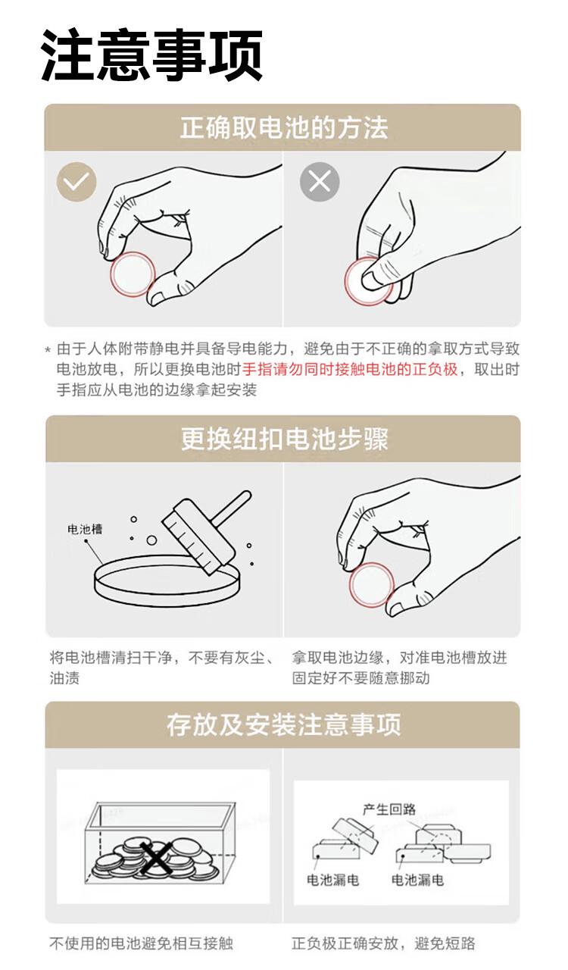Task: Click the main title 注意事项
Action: coord(151,55)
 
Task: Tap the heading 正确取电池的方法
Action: coord(284,128)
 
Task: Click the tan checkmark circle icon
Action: coord(76,181)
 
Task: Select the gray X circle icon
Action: coord(320,181)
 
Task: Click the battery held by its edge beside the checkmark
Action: coord(133,274)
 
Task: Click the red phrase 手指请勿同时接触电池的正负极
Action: coord(350,369)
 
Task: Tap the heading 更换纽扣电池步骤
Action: coord(284,439)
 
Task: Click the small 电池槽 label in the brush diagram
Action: coord(85,529)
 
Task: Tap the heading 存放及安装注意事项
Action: coord(284,725)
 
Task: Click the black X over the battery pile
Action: coord(154,857)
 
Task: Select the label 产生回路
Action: coord(389,809)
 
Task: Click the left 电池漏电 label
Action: coord(332,880)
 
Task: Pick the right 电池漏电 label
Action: coord(417,880)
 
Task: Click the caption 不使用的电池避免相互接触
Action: coord(141,943)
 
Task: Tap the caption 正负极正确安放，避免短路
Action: coord(383,943)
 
